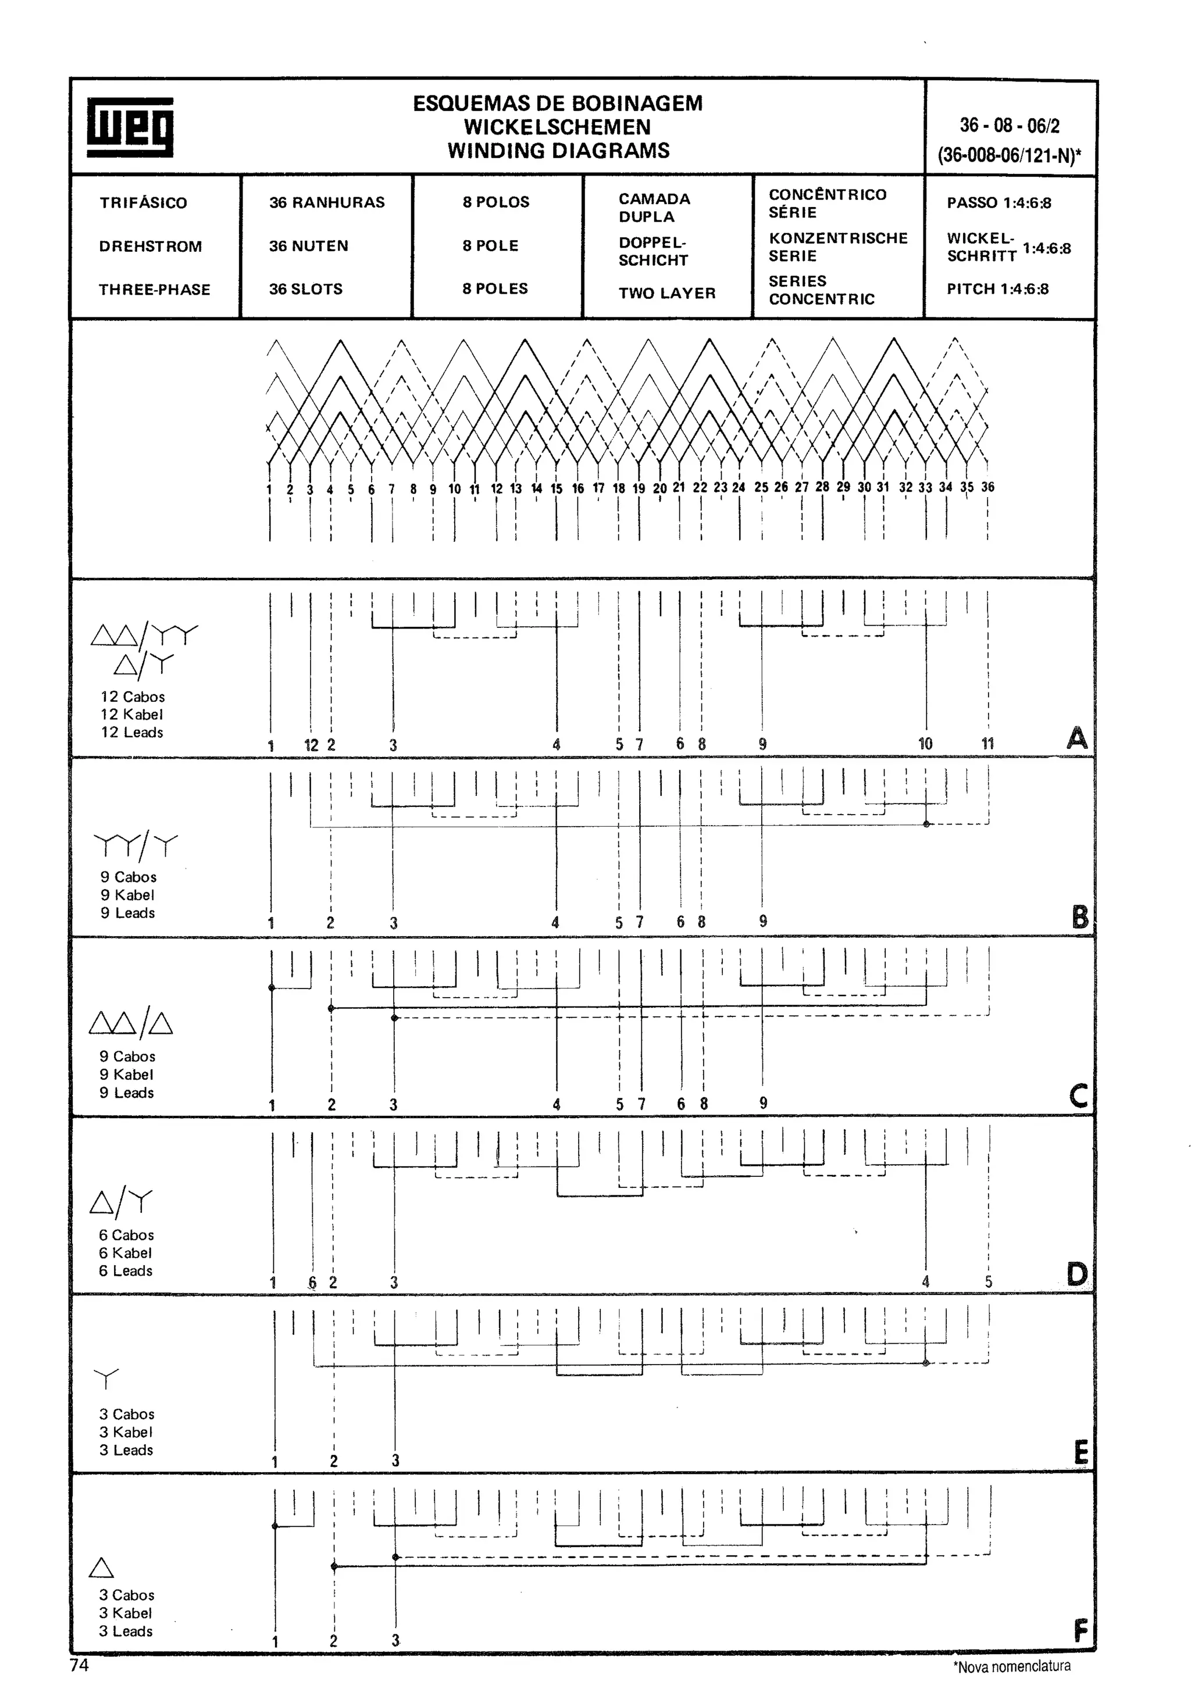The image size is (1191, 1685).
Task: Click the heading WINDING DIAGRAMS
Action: (558, 151)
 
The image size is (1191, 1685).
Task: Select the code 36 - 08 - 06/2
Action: (1010, 126)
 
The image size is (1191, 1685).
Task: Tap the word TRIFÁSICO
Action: (143, 202)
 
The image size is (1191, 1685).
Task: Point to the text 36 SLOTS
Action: (305, 289)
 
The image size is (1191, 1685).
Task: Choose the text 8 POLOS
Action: (495, 202)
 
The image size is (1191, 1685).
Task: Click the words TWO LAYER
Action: (666, 294)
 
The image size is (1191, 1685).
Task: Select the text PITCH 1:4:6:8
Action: (997, 289)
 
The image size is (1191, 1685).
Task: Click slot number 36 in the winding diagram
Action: (987, 487)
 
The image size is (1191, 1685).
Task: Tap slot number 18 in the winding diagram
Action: (619, 488)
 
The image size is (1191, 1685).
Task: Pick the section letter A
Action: (1076, 738)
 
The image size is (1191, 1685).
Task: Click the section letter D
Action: (1076, 1274)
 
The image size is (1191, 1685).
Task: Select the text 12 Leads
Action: (132, 733)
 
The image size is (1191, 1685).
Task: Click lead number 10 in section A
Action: (925, 744)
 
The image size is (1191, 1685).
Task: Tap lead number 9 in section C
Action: (763, 1103)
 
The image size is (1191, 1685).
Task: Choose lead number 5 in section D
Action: (989, 1282)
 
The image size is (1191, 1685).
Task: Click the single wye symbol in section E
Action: (106, 1377)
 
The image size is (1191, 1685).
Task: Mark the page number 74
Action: (79, 1665)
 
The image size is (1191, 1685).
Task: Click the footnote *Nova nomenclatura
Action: (1012, 1666)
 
